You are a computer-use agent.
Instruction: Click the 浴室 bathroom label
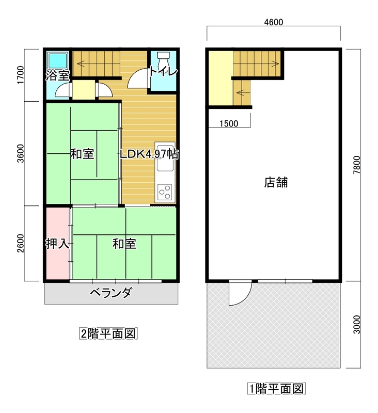[58, 75]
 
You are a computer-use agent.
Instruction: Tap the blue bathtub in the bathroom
[57, 60]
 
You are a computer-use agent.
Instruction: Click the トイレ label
[163, 71]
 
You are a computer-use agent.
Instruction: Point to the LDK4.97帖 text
[149, 154]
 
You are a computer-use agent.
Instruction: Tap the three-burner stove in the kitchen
[165, 192]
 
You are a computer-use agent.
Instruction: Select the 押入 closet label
[57, 244]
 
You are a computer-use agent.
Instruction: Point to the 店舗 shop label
[276, 182]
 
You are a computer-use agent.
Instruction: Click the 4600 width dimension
[274, 22]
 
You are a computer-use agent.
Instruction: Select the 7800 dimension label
[356, 165]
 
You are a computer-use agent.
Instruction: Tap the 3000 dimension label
[356, 325]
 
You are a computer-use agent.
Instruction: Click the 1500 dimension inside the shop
[229, 123]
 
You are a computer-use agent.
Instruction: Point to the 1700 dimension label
[20, 75]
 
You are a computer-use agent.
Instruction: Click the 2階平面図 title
[108, 333]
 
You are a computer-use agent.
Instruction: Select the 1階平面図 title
[276, 389]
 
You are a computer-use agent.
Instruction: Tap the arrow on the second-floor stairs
[84, 63]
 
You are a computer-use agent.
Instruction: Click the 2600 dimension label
[20, 243]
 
